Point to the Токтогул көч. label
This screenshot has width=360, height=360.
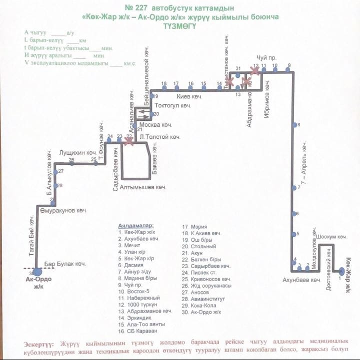[x=173, y=106]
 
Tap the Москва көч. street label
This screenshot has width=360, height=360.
[x=155, y=124]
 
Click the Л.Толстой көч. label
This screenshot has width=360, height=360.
[x=160, y=136]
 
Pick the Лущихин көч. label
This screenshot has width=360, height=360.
[x=77, y=152]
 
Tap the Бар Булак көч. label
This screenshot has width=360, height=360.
[x=65, y=263]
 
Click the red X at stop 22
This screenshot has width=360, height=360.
[x=129, y=141]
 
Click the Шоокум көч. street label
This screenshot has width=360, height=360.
[x=331, y=236]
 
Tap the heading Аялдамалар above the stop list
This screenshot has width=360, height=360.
[x=136, y=225]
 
